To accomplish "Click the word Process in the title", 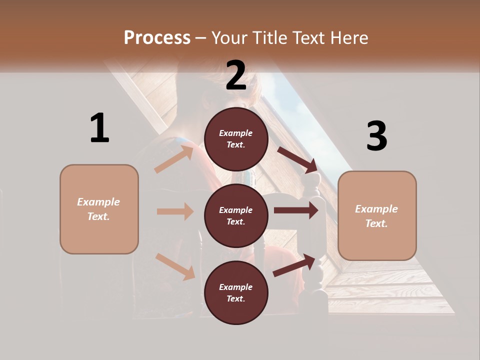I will tap(157, 37).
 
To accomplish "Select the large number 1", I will tap(99, 128).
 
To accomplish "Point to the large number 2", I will tap(236, 75).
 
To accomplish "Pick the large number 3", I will tap(376, 136).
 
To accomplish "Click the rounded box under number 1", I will tap(99, 209).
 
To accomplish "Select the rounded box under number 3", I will tap(377, 216).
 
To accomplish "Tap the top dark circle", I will tap(236, 139).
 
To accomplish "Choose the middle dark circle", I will tap(236, 216).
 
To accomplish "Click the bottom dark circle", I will tap(236, 293).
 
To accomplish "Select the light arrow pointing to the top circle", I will tap(174, 158).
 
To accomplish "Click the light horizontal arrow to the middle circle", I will tap(175, 211).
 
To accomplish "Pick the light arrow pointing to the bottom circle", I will tap(175, 266).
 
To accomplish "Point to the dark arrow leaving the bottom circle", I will tap(295, 265).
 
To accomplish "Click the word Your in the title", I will tap(227, 37).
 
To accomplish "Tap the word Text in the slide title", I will tap(308, 37).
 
